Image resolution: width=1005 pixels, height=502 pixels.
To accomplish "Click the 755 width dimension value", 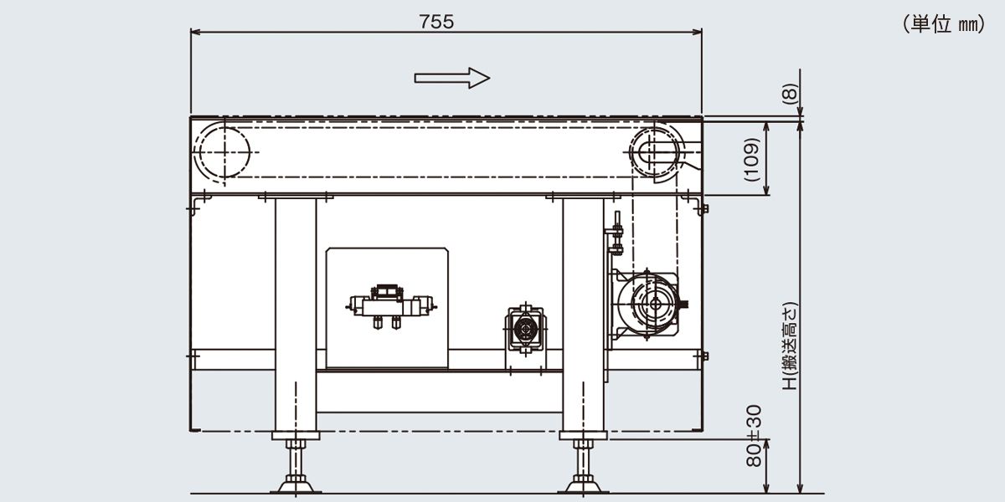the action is pyautogui.click(x=436, y=22).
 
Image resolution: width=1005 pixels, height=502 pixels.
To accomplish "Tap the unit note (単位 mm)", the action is pyautogui.click(x=944, y=23).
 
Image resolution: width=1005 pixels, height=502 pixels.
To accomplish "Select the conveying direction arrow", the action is pyautogui.click(x=451, y=79).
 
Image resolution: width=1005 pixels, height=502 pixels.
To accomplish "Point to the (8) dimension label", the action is pyautogui.click(x=790, y=94).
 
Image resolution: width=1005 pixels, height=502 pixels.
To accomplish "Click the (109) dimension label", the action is pyautogui.click(x=752, y=159).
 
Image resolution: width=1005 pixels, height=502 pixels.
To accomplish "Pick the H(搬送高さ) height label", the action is pyautogui.click(x=790, y=346).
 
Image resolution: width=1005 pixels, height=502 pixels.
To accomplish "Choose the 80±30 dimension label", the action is pyautogui.click(x=755, y=436).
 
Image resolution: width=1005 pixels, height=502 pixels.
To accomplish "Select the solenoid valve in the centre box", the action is pyautogui.click(x=391, y=307).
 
